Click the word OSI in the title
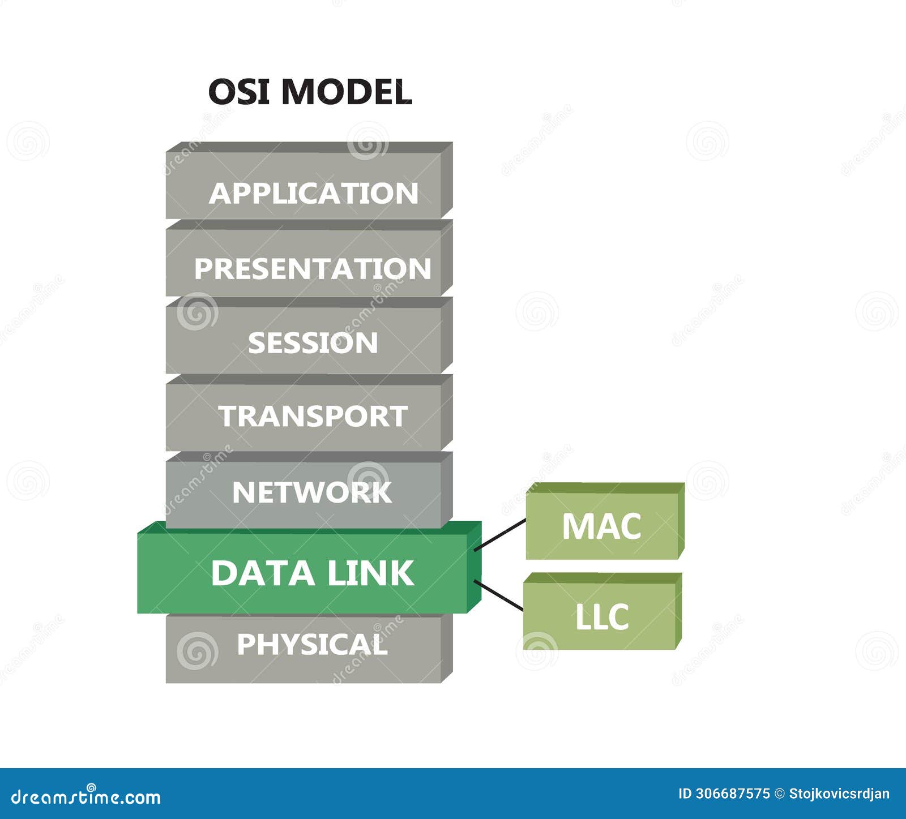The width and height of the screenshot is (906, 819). coord(238,92)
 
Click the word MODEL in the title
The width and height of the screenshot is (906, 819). coord(346,92)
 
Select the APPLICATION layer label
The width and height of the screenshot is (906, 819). coord(313,194)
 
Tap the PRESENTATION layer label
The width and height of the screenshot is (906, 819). coord(313,268)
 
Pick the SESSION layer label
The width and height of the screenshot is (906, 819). coord(313,343)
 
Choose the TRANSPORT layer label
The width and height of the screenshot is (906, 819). coord(313,417)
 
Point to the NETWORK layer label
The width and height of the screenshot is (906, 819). coord(312,492)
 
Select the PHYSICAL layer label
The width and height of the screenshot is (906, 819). coord(312,644)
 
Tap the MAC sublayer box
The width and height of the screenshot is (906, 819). coord(601,526)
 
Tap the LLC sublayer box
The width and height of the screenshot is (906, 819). coord(601,616)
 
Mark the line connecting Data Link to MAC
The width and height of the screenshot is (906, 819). coord(500,534)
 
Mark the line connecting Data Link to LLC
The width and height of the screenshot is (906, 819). coord(498,595)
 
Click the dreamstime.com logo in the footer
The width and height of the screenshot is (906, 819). coord(86,796)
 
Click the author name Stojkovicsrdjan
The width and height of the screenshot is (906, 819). coord(839,794)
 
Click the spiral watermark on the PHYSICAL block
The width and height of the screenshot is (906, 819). coord(197,650)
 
